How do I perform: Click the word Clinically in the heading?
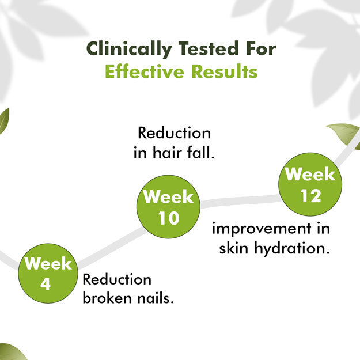click(x=129, y=49)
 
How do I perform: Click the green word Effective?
click(x=145, y=71)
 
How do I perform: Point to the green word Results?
click(x=224, y=71)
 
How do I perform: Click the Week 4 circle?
click(x=48, y=273)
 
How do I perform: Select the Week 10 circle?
click(x=168, y=207)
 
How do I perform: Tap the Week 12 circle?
click(x=310, y=184)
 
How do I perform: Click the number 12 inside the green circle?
click(x=310, y=196)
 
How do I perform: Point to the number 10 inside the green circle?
click(x=169, y=218)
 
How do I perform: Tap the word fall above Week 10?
click(x=200, y=153)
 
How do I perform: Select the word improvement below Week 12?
click(x=262, y=229)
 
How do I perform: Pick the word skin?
click(x=233, y=248)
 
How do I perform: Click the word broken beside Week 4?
click(x=107, y=298)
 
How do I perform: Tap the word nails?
click(x=155, y=298)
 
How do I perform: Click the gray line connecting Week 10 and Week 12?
click(x=240, y=200)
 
